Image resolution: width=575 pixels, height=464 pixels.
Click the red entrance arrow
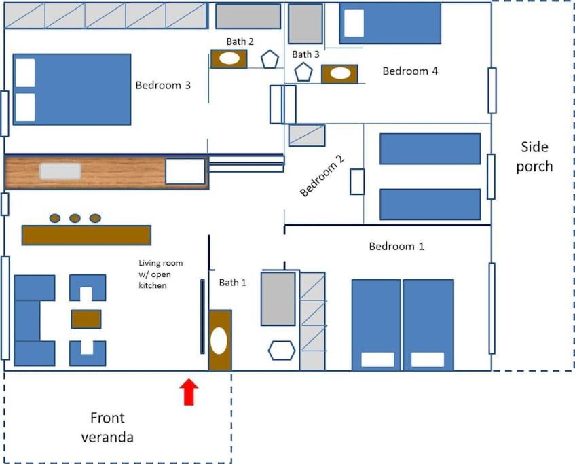(x=189, y=392)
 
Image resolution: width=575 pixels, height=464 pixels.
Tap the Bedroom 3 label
(x=163, y=85)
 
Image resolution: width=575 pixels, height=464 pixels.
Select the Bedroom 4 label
(x=410, y=71)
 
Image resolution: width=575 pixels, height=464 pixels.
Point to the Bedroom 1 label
(x=396, y=246)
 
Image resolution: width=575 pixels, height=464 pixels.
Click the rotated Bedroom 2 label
(x=322, y=175)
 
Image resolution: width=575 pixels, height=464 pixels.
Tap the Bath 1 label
(x=232, y=283)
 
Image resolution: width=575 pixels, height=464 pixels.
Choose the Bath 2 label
(x=240, y=41)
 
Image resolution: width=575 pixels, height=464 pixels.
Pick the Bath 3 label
(x=305, y=54)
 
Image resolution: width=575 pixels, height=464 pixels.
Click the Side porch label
(x=534, y=156)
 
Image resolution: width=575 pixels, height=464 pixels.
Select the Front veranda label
(x=107, y=427)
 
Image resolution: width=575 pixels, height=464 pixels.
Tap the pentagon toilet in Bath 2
(x=270, y=58)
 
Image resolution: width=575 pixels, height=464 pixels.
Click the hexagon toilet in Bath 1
(x=281, y=351)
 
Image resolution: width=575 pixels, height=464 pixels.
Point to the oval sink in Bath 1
(x=219, y=340)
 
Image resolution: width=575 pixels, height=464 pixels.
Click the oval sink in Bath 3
(x=340, y=73)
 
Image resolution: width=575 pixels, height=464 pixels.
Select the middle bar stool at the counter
(x=75, y=219)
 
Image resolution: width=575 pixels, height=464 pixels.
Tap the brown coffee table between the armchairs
(x=86, y=319)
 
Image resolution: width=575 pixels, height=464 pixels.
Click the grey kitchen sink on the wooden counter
(x=60, y=171)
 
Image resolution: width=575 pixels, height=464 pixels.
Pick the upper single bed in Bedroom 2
(x=430, y=149)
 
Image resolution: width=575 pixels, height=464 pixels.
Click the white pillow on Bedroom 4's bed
(x=354, y=23)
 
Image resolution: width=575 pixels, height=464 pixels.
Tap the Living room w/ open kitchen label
(x=161, y=274)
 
